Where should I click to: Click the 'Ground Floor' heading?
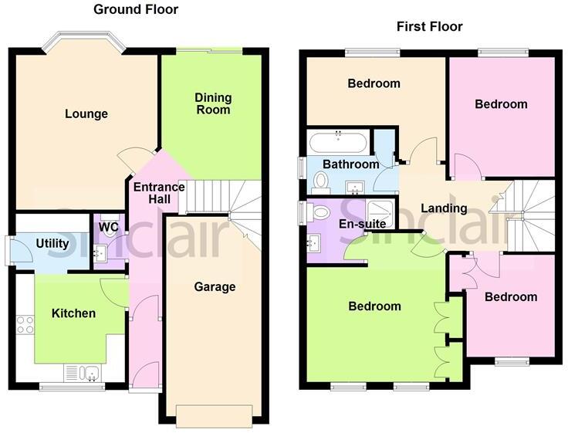click(x=136, y=10)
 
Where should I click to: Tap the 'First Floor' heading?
click(x=429, y=27)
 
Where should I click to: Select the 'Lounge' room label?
click(x=86, y=114)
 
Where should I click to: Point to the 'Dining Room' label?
click(x=212, y=103)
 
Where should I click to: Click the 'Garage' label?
click(x=215, y=287)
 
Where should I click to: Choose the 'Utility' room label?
click(x=52, y=244)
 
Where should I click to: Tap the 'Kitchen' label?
click(x=73, y=313)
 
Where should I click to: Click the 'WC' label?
click(x=109, y=228)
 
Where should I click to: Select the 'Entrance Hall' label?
click(x=159, y=193)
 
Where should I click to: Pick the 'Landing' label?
click(x=444, y=208)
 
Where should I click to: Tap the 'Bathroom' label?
click(x=350, y=164)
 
